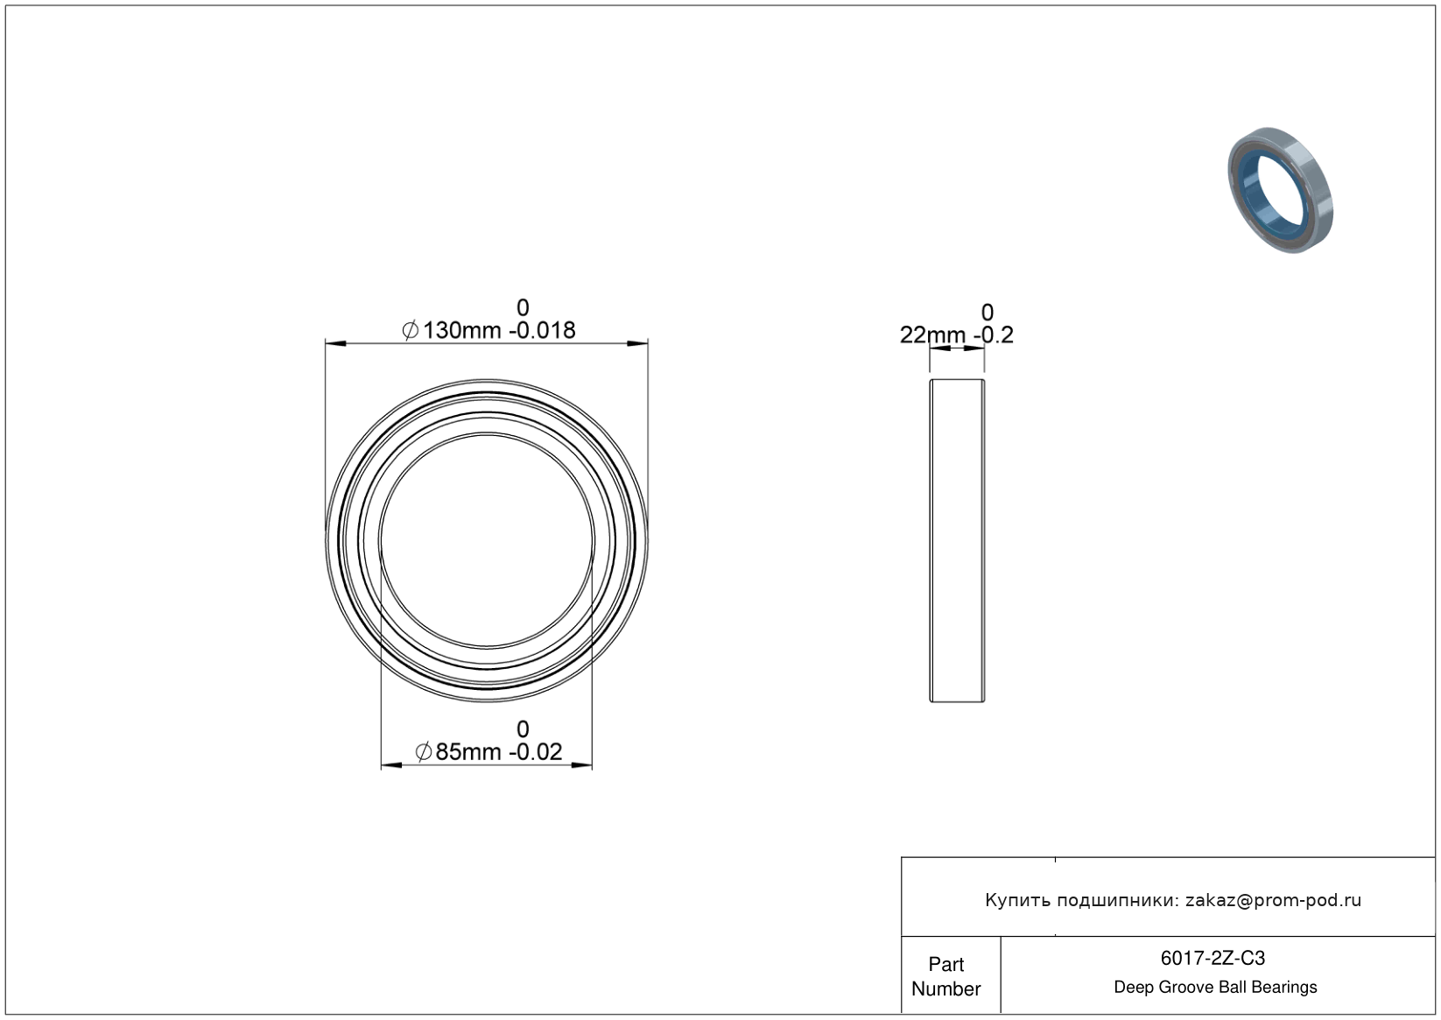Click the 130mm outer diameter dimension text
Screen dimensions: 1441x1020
point(461,330)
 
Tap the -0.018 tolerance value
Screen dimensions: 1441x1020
point(542,330)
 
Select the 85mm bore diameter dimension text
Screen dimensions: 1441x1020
point(467,751)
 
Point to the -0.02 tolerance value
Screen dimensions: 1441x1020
point(535,751)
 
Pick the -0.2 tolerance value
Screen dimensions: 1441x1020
point(994,334)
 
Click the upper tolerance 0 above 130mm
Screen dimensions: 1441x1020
point(523,307)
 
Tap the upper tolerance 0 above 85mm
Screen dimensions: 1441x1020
point(523,729)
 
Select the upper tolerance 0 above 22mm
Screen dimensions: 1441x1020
point(987,312)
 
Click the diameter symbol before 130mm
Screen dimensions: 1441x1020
point(410,330)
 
